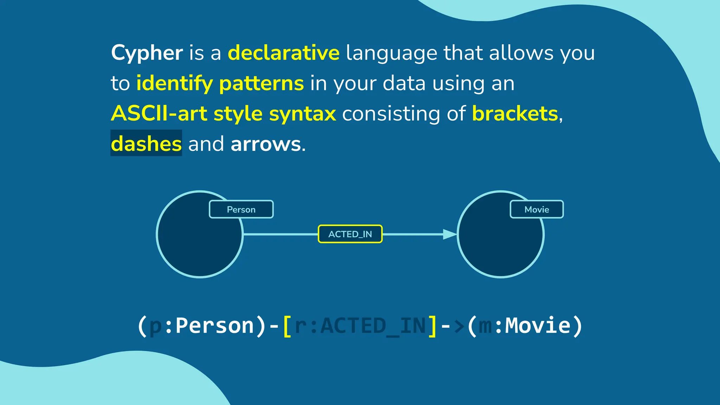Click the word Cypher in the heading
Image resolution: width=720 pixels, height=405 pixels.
pyautogui.click(x=147, y=53)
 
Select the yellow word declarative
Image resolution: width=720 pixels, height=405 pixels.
pyautogui.click(x=284, y=53)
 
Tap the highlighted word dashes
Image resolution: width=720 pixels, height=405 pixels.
pyautogui.click(x=146, y=144)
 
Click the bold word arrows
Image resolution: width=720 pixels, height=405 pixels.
pyautogui.click(x=266, y=144)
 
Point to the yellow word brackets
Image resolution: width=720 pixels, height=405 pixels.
pyautogui.click(x=515, y=114)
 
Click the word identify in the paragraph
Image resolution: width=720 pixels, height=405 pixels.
pyautogui.click(x=174, y=84)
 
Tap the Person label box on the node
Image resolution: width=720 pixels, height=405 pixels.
pyautogui.click(x=241, y=210)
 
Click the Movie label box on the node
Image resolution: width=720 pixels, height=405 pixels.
pyautogui.click(x=536, y=210)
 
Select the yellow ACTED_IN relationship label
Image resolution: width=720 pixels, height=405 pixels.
pyautogui.click(x=350, y=234)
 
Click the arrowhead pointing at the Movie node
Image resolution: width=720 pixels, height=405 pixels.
pyautogui.click(x=449, y=234)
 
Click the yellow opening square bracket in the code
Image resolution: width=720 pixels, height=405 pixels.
pyautogui.click(x=287, y=326)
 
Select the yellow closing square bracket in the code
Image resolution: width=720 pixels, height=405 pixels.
pyautogui.click(x=432, y=326)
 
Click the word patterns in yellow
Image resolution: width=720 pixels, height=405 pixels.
pyautogui.click(x=261, y=84)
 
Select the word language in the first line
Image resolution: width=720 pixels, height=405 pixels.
pyautogui.click(x=391, y=53)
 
